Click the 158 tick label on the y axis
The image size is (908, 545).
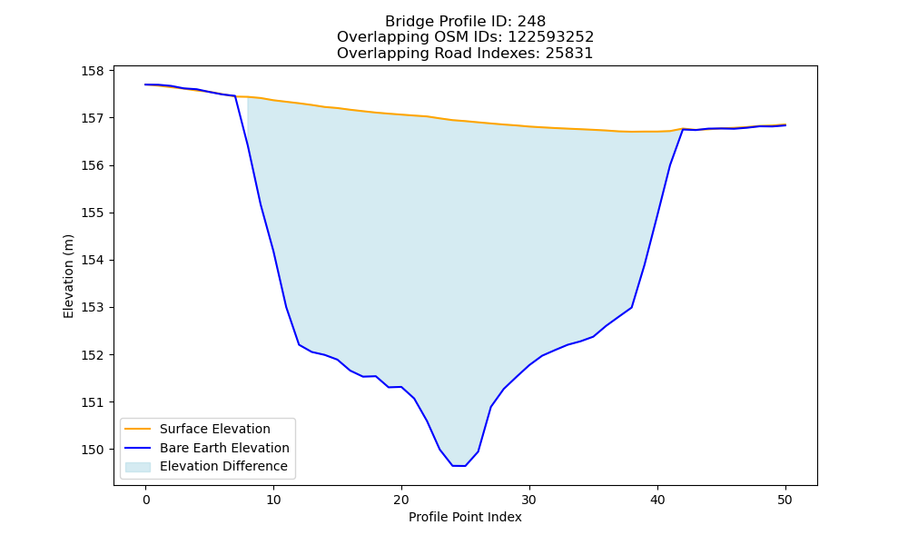92,71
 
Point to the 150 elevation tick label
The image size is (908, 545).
92,450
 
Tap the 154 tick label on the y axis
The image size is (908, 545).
92,260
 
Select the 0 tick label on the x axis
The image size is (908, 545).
145,500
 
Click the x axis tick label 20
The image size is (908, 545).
401,500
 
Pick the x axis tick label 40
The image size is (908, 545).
657,500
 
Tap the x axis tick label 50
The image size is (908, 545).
785,500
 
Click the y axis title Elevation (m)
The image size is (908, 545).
68,276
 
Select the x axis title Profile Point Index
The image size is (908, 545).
465,517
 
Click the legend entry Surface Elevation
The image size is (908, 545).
215,429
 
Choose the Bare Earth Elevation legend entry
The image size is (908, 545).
224,448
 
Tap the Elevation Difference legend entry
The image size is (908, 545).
223,466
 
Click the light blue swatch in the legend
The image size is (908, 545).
138,467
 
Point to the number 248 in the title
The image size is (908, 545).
531,22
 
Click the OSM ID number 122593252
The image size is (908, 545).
551,37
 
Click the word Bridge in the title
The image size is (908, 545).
405,22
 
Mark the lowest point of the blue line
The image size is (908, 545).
459,466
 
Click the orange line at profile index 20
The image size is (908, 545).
401,114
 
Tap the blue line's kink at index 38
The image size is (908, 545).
631,307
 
